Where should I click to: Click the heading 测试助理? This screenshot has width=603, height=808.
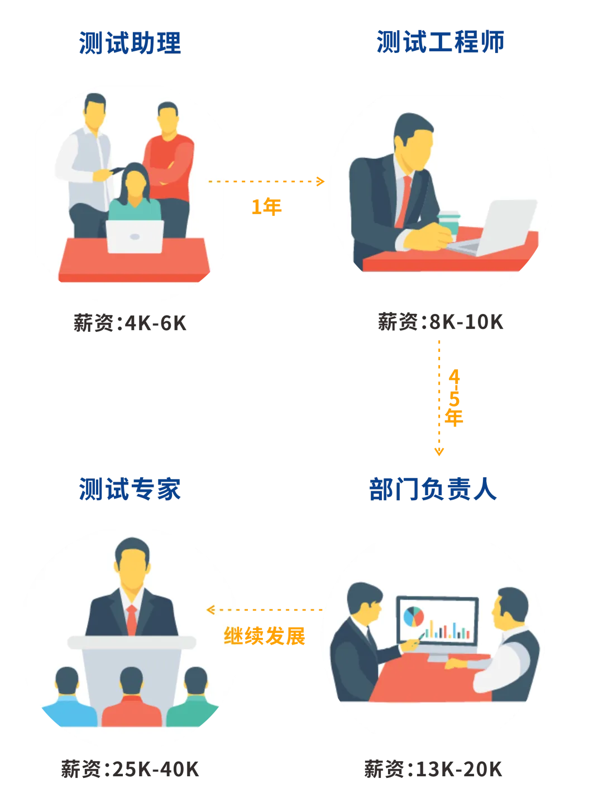click(130, 43)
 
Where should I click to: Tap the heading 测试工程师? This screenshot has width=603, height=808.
click(439, 42)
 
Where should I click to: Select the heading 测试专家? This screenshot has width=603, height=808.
click(130, 490)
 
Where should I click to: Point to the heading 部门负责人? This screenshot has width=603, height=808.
click(433, 490)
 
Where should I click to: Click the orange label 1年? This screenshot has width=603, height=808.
click(267, 206)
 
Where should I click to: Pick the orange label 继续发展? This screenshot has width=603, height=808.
click(265, 636)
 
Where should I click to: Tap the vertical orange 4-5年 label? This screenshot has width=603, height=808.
click(454, 397)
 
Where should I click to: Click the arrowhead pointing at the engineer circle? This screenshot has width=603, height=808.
click(320, 181)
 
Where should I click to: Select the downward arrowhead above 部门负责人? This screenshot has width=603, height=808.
click(440, 452)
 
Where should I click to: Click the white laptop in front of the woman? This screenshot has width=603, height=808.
click(135, 236)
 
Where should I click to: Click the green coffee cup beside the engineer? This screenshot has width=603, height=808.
click(448, 222)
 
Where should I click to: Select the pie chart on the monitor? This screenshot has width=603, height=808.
click(414, 616)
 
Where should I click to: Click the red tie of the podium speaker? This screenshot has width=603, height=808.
click(132, 619)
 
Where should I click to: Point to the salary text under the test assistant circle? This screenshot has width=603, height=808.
click(130, 323)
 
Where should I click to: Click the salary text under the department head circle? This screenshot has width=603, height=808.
click(433, 770)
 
